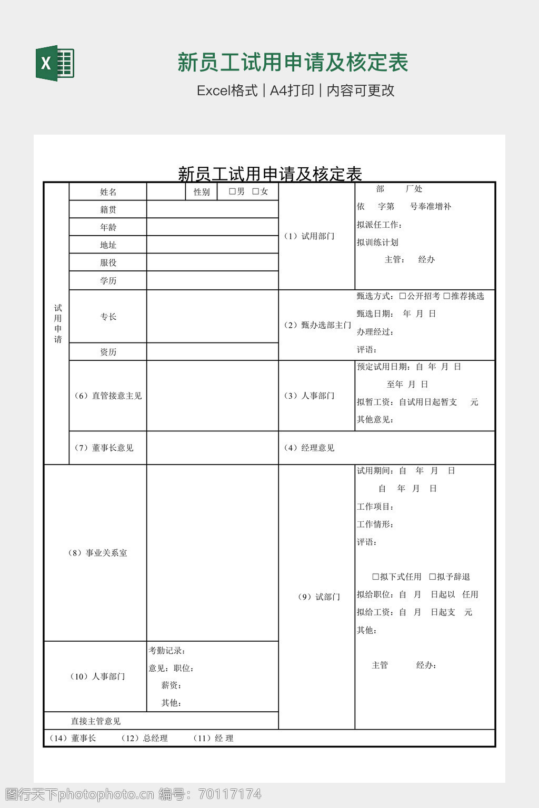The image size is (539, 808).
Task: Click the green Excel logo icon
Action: (x=55, y=64)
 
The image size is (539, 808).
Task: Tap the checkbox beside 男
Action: (x=232, y=191)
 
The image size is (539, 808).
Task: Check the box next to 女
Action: (x=256, y=191)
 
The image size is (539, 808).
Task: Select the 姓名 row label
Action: (x=108, y=192)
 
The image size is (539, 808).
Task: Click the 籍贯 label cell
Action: (x=108, y=209)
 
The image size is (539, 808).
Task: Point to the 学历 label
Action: (x=108, y=280)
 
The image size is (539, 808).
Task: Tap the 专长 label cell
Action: (x=108, y=317)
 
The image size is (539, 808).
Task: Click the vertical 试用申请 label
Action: (x=57, y=324)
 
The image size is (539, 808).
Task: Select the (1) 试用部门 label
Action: (x=310, y=236)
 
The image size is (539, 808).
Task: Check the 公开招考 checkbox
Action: (x=403, y=296)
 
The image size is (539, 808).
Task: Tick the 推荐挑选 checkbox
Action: (x=446, y=296)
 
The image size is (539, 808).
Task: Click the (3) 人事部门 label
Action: (x=310, y=396)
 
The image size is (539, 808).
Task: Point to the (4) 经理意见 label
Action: (x=310, y=448)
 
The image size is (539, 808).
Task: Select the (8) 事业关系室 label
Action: (x=98, y=553)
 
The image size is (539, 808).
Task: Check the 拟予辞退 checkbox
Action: (x=433, y=577)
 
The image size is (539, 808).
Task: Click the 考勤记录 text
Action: (x=167, y=651)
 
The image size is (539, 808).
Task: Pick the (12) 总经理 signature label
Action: (x=145, y=739)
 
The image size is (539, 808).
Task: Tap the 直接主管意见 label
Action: (x=96, y=721)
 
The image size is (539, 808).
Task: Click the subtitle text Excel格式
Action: (x=227, y=90)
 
